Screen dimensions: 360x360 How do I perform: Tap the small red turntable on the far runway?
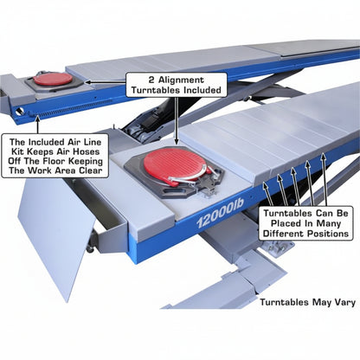point(54,79)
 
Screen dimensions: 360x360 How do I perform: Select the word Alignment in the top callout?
point(181,80)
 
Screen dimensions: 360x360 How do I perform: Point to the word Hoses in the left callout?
point(86,151)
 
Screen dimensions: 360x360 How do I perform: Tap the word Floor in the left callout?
point(54,161)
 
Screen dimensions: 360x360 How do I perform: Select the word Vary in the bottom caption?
point(344,302)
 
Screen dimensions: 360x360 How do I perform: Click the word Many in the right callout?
point(329,223)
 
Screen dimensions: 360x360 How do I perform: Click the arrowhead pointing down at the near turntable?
point(177,141)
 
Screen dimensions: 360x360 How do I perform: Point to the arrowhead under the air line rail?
point(37,119)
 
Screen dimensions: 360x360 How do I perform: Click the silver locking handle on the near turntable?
point(189,177)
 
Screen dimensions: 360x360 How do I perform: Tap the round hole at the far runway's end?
point(19,111)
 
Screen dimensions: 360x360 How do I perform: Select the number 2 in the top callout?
point(151,80)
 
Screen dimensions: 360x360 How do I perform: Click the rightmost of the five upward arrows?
point(325,179)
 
